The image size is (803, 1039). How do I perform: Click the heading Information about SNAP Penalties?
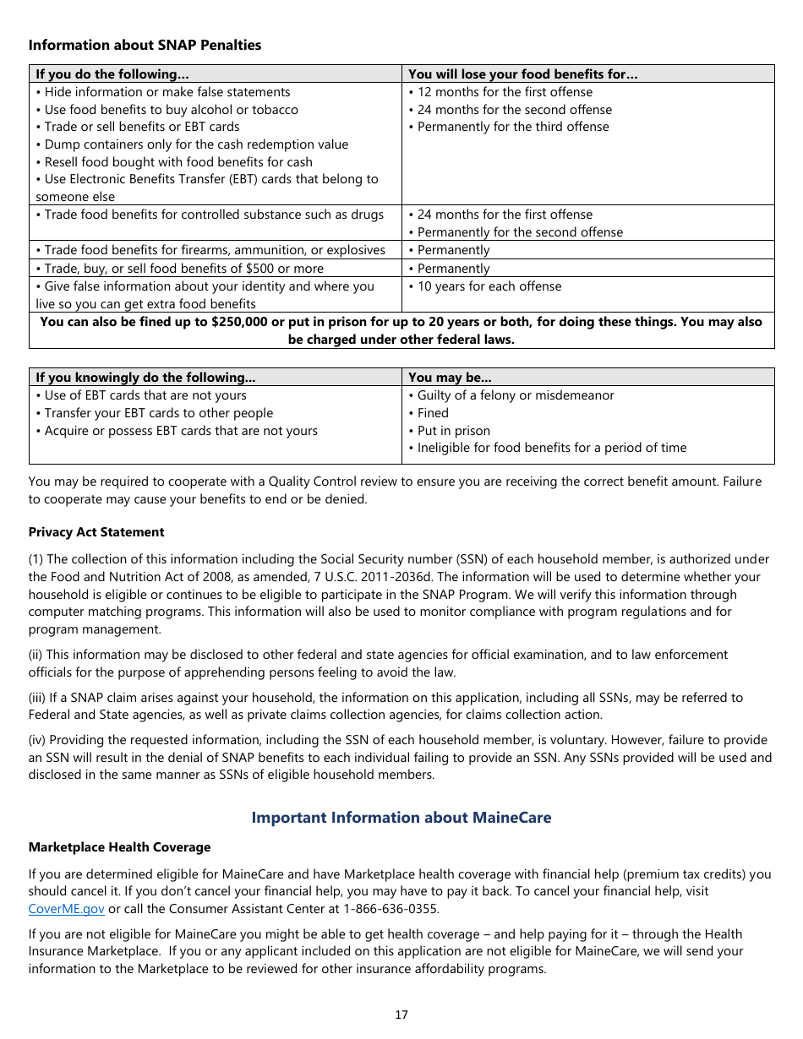click(145, 46)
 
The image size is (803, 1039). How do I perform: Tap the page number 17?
click(401, 1015)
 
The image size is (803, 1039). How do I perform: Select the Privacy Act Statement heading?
click(96, 532)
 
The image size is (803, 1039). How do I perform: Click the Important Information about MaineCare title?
click(401, 818)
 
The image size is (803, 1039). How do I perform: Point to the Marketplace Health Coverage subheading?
click(119, 847)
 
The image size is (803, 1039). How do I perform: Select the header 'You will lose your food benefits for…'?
click(522, 74)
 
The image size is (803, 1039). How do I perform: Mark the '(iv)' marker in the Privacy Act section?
click(38, 740)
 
